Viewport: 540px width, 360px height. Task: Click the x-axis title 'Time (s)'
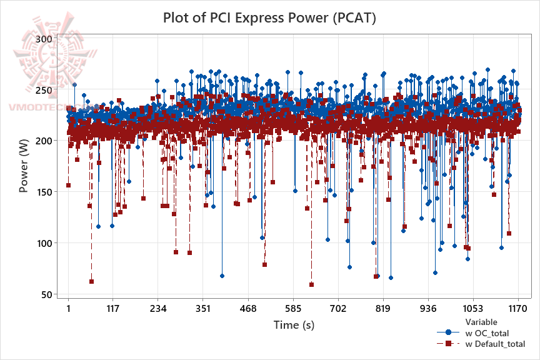[293, 325]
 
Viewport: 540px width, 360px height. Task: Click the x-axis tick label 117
[113, 309]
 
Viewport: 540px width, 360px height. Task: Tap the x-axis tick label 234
[158, 309]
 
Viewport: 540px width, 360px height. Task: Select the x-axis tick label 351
[203, 309]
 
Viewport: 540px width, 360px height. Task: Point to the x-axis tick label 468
[248, 309]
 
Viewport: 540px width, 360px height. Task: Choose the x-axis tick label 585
[293, 309]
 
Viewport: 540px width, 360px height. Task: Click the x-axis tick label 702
[338, 309]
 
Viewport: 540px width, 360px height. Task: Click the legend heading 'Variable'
[481, 322]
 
